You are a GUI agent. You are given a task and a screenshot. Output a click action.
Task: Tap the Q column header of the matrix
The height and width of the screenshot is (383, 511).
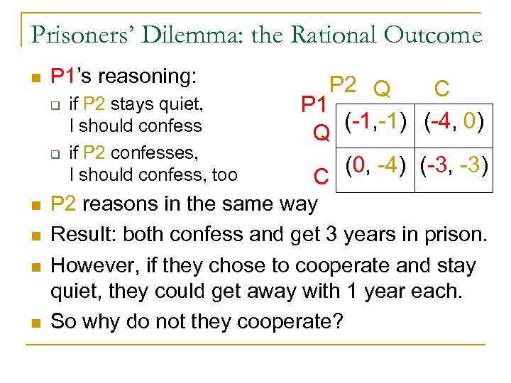382,88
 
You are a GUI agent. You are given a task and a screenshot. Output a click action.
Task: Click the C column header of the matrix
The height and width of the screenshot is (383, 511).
441,88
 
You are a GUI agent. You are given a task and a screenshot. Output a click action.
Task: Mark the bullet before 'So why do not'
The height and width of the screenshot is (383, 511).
35,321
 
